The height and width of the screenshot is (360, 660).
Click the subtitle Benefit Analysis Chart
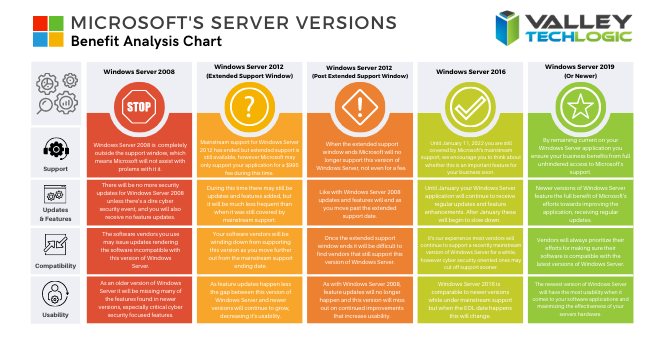pos(131,41)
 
